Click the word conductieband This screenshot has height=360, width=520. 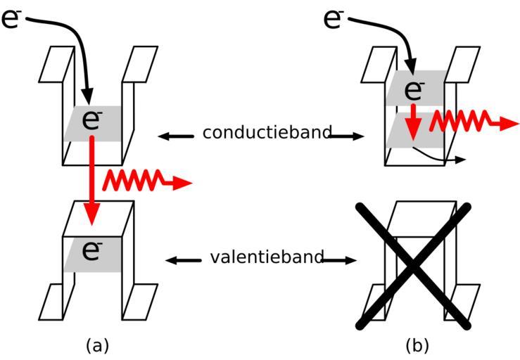point(267,133)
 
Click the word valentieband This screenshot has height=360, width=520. point(267,257)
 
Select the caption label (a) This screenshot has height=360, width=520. point(97,345)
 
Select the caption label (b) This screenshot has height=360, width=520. point(417,345)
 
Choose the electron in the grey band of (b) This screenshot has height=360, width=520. point(414,89)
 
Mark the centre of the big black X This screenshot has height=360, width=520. point(414,265)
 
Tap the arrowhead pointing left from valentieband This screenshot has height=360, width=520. point(171,261)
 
